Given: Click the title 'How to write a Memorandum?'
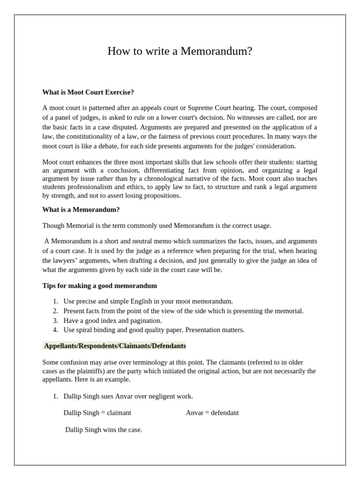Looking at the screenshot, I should pyautogui.click(x=180, y=51).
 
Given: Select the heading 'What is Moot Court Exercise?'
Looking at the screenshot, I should pyautogui.click(x=88, y=92).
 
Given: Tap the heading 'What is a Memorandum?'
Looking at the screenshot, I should pyautogui.click(x=81, y=210).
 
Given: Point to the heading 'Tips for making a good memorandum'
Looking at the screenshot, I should pyautogui.click(x=99, y=285).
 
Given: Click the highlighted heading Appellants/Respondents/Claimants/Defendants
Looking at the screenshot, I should pyautogui.click(x=115, y=346).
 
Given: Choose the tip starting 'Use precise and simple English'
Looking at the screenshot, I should pyautogui.click(x=148, y=301).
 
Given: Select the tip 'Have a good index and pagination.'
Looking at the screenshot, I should pyautogui.click(x=112, y=321).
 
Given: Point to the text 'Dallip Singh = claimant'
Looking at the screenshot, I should pyautogui.click(x=97, y=413).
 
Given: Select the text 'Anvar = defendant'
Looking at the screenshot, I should pyautogui.click(x=212, y=413).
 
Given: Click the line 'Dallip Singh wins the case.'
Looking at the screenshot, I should pyautogui.click(x=104, y=429).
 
